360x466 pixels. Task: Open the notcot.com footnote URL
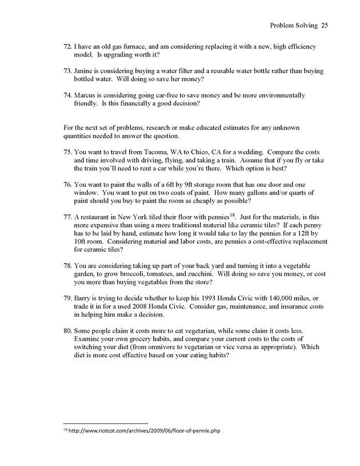(x=143, y=430)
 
